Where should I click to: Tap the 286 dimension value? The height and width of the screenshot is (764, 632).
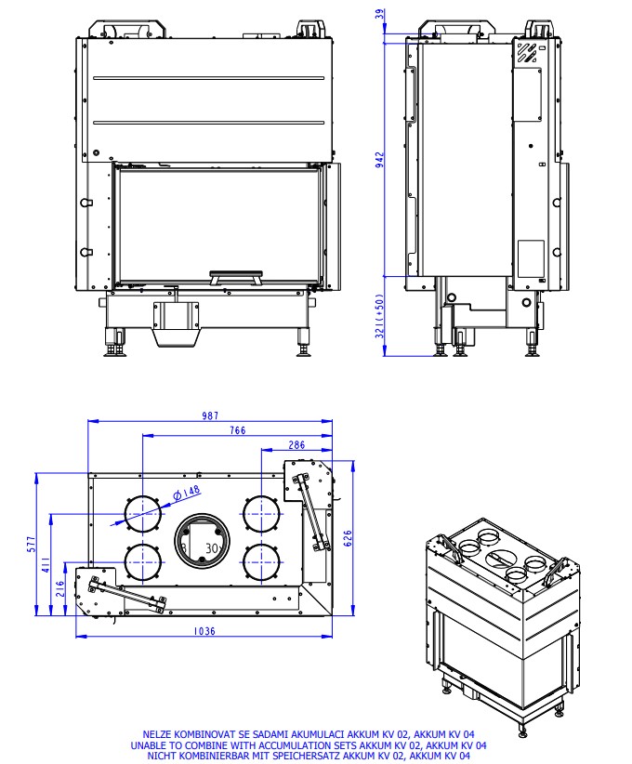coord(296,445)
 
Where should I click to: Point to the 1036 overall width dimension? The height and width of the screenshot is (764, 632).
coord(204,631)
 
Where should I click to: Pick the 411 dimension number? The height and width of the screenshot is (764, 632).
coord(46,564)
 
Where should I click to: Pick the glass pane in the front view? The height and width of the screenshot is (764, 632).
coord(218,223)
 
